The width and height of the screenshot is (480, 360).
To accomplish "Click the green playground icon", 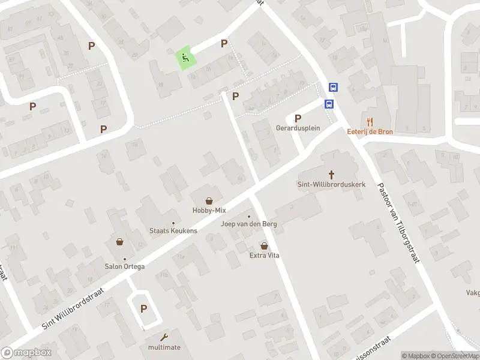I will point(185,58).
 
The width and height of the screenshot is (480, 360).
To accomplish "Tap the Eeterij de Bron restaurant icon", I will point(370,121).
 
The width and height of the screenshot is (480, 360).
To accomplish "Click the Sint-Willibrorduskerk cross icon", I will point(331,173).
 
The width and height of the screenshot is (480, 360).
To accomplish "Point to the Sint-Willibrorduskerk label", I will point(331,184).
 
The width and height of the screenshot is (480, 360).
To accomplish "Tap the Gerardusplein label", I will point(298,128).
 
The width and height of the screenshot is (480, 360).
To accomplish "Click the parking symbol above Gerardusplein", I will point(298,118).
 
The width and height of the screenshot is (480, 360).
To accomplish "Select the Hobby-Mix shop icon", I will point(209,200).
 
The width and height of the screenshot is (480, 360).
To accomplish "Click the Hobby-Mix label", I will point(209,211).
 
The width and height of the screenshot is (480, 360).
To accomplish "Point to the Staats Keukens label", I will point(173,231).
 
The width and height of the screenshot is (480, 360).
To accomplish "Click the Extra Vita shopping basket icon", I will point(265,245).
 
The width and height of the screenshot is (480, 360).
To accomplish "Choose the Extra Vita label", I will point(265,256).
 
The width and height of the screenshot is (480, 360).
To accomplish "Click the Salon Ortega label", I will point(125,266).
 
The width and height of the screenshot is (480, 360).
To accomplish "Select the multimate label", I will point(164,347).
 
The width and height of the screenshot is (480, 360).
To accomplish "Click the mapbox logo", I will point(26,352).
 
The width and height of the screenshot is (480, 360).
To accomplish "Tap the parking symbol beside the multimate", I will point(143,309).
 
